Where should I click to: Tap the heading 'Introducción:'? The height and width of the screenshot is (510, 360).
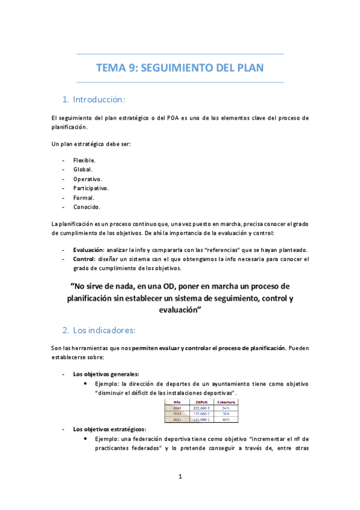tap(99, 99)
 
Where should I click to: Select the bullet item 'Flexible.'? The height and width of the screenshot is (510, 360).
tap(84, 161)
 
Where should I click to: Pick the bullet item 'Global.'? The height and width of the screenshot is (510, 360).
tap(82, 170)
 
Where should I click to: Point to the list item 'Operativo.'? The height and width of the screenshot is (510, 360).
tap(87, 179)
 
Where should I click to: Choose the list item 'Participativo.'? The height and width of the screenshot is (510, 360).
tap(91, 188)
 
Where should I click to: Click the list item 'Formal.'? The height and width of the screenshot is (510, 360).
tap(84, 197)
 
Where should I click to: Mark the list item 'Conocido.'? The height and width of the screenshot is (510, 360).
tap(87, 207)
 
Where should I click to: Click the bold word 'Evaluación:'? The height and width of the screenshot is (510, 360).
tap(91, 250)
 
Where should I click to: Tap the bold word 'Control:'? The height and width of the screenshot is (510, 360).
tap(85, 259)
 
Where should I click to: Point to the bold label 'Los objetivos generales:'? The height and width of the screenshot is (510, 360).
tap(106, 374)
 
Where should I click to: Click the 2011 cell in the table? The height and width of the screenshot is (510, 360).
tap(177, 419)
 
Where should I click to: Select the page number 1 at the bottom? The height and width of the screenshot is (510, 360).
tap(180, 477)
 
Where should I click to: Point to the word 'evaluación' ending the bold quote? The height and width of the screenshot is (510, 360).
tap(178, 310)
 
